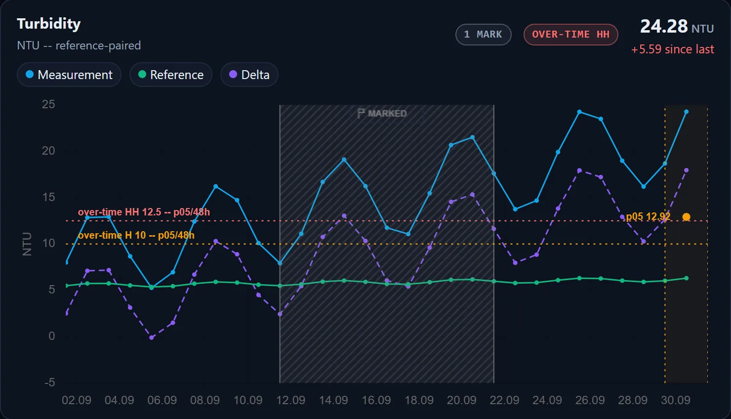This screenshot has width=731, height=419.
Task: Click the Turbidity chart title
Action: coord(49,24)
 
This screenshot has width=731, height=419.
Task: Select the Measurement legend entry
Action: coord(69,75)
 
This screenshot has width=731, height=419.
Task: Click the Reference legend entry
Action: coord(171,75)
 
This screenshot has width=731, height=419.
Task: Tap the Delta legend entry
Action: coord(249,75)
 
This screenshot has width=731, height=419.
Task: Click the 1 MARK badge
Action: coord(484,34)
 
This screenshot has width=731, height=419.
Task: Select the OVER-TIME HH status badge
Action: coord(571,34)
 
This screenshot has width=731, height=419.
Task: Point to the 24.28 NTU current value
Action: coord(677,26)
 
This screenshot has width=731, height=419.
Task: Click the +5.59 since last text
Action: coord(673,49)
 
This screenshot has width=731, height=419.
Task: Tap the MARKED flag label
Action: coord(382,113)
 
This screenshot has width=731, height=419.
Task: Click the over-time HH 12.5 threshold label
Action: coord(144,212)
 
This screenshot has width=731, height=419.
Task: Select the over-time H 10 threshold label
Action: coord(136,235)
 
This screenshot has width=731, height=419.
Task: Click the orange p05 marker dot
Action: coord(686,217)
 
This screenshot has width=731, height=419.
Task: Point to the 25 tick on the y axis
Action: coord(48,104)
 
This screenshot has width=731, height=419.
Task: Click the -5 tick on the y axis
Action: coord(49,382)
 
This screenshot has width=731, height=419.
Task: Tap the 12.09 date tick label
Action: coord(290,400)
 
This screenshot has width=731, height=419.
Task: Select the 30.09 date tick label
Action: coord(676,400)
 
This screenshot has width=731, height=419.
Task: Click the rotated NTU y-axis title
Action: coord(27,244)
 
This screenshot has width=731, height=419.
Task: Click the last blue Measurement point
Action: coord(686,112)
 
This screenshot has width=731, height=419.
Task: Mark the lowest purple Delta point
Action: coord(152,337)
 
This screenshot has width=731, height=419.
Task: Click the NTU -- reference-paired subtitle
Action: coord(79,45)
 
